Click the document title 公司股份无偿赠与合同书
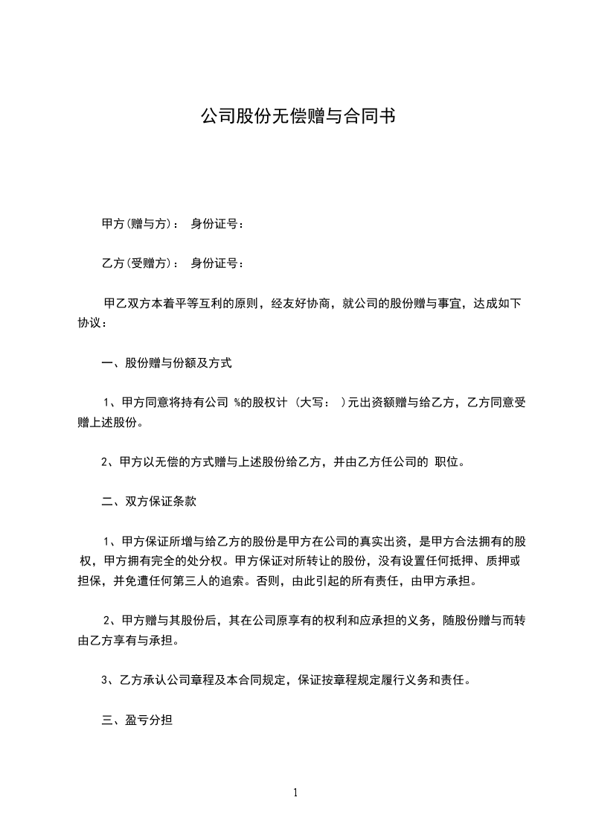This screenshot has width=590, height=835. pyautogui.click(x=295, y=116)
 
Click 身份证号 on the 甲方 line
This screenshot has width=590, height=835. pyautogui.click(x=214, y=223)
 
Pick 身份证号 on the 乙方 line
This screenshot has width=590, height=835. pyautogui.click(x=214, y=263)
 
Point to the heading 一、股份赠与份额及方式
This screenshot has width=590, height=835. pyautogui.click(x=167, y=363)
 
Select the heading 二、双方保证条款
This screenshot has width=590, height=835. pyautogui.click(x=149, y=502)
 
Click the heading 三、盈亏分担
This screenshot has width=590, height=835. pyautogui.click(x=137, y=720)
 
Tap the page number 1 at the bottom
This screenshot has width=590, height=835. pyautogui.click(x=295, y=793)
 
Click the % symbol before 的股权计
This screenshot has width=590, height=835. pyautogui.click(x=237, y=403)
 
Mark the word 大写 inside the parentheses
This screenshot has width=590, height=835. pyautogui.click(x=313, y=403)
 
